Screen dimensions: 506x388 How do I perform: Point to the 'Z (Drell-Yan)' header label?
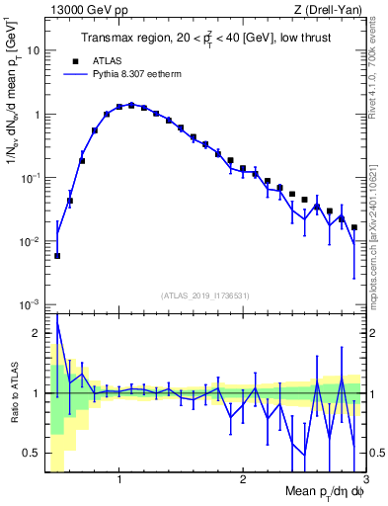click(x=333, y=8)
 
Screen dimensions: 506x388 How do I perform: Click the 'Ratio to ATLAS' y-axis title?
click(x=13, y=393)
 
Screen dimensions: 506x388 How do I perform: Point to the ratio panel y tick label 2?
click(x=39, y=333)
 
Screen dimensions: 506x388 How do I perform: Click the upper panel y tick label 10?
click(x=35, y=49)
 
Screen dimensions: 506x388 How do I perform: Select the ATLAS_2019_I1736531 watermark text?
click(x=203, y=295)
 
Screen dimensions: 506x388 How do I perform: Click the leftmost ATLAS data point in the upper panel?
click(x=57, y=255)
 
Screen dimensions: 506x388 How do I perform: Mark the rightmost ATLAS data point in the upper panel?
click(x=354, y=227)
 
